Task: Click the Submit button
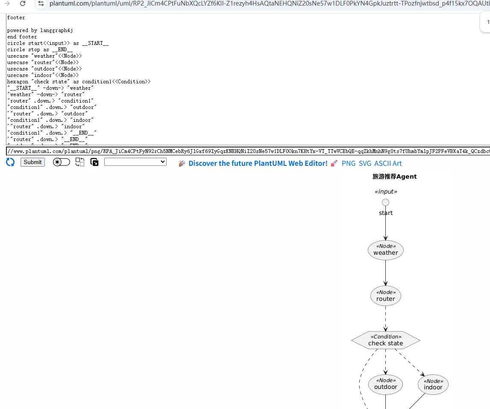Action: tap(32, 162)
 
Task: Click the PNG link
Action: tap(349, 163)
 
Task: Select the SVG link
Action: tap(365, 163)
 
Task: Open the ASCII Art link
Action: tap(388, 163)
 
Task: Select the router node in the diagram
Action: tap(385, 296)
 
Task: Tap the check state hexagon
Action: tap(385, 340)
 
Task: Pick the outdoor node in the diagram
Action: tap(385, 384)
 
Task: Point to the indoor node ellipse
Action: tap(433, 385)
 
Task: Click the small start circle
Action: tap(385, 202)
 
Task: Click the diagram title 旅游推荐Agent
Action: tap(394, 177)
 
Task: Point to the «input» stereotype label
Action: tap(386, 191)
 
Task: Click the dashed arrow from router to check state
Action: tap(385, 318)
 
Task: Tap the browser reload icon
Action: tap(23, 3)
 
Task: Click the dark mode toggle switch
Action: tap(62, 162)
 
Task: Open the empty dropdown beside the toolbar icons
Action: tap(135, 162)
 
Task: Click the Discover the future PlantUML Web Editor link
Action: tap(258, 163)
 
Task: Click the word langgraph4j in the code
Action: tap(56, 30)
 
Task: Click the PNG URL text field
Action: tap(248, 151)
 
